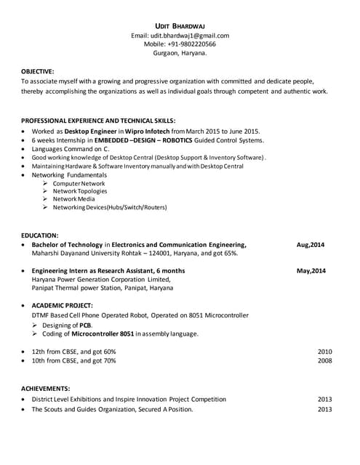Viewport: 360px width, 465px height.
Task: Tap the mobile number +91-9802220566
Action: [180, 44]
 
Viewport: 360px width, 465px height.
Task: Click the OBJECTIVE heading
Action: [38, 71]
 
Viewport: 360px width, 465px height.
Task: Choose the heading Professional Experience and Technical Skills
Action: [98, 120]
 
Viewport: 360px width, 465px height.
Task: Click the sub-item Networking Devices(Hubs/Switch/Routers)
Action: [109, 208]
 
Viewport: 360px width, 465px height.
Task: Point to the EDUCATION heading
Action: [40, 235]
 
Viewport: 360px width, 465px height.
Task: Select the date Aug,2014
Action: [311, 245]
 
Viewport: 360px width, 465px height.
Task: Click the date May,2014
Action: [311, 271]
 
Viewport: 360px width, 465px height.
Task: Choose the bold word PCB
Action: [85, 325]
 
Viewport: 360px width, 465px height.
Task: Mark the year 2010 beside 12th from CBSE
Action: [324, 352]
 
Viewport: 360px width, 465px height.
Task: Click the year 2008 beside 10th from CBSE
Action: [324, 360]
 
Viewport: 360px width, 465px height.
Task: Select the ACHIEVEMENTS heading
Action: [45, 389]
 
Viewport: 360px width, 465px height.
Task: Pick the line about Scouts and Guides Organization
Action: [112, 409]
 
